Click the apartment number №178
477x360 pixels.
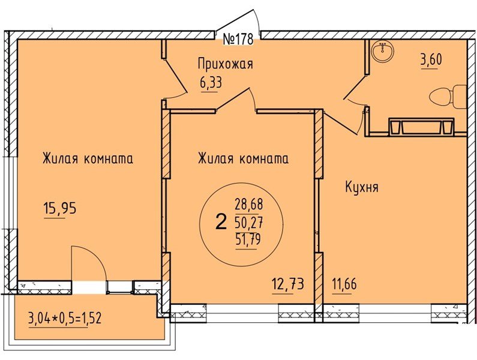pos(238,40)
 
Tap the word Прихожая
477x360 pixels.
pos(225,64)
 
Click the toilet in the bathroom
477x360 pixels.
pos(447,96)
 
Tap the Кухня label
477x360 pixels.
pos(361,187)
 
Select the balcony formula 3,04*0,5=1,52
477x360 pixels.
pos(65,317)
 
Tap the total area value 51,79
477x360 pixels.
pos(249,241)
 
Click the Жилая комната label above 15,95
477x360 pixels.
pos(87,159)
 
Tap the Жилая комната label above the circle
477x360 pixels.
pos(243,159)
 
